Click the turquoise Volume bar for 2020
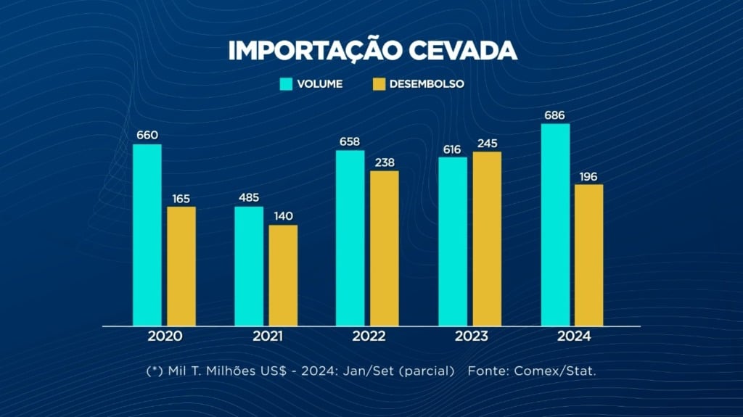147,235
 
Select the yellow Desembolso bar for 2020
181,266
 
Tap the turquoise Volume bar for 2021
248,266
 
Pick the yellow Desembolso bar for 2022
385,248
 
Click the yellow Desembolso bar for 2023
487,239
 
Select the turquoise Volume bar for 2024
555,225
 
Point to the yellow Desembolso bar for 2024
589,255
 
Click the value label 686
555,115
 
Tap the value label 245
487,144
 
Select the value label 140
282,216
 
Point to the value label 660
147,136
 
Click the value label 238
385,162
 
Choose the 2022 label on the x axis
368,337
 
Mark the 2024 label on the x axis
572,337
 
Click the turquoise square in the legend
287,84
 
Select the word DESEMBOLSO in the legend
426,84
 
